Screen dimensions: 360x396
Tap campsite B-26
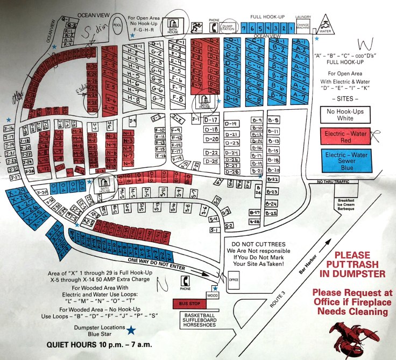(x=258, y=189)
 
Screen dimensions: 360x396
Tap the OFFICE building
(x=233, y=280)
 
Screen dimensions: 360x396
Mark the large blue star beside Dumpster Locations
(x=130, y=329)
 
